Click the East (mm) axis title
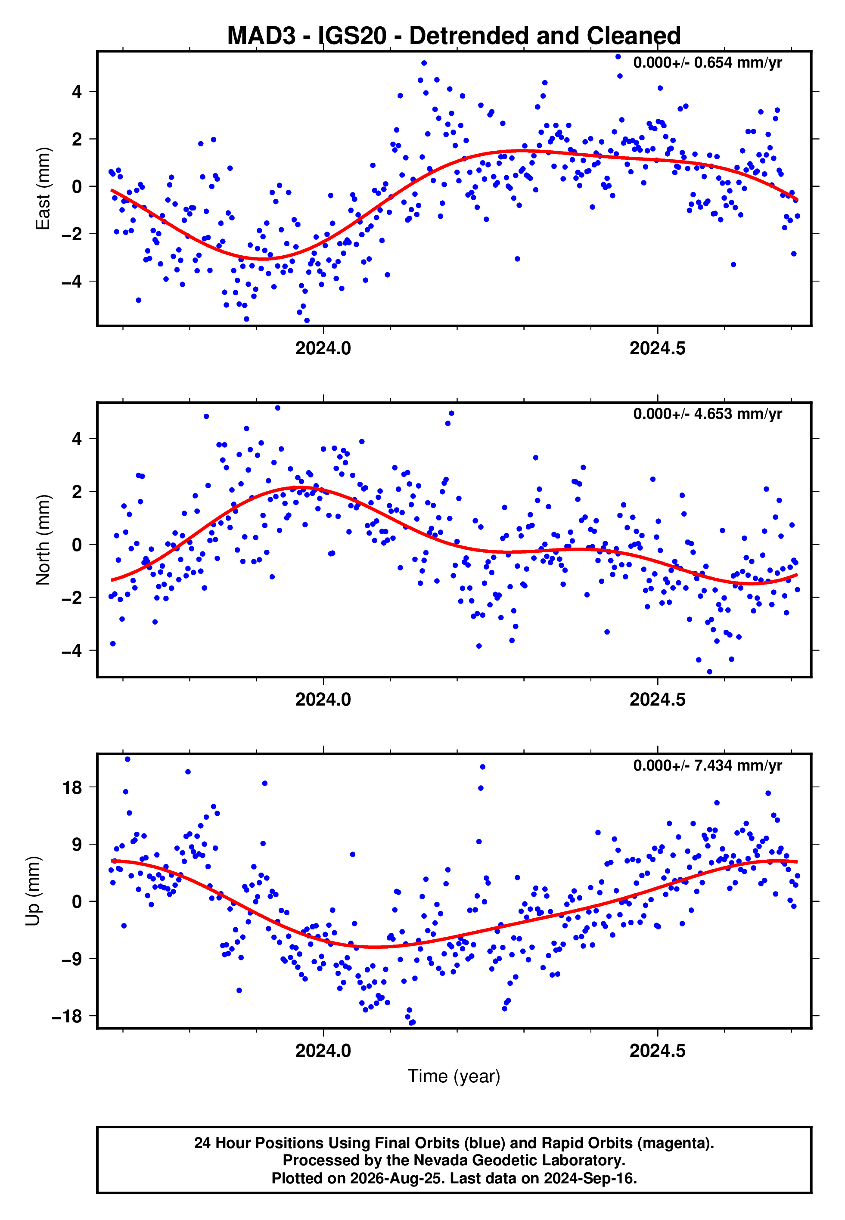tap(43, 189)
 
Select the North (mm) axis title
tap(43, 540)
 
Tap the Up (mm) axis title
tap(33, 891)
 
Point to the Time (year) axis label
tap(454, 1076)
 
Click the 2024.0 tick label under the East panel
tap(323, 348)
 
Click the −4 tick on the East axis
tap(72, 282)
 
